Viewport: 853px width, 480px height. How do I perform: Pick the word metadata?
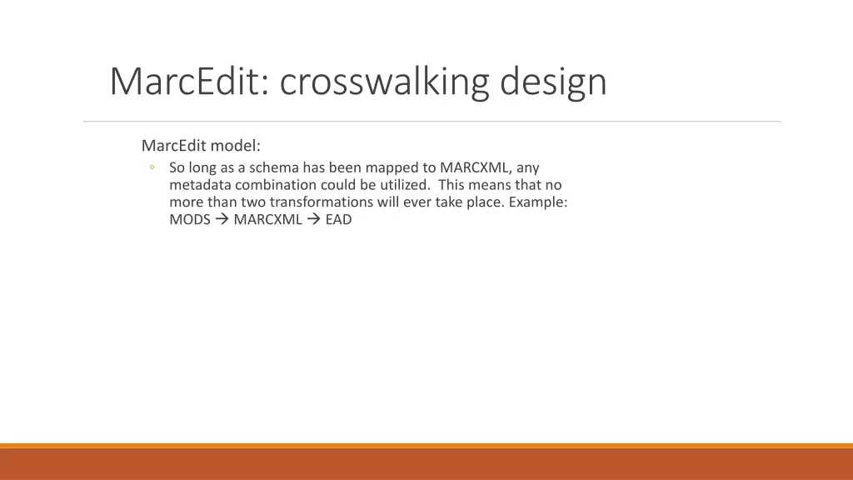point(200,185)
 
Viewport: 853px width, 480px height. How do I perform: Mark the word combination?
point(274,185)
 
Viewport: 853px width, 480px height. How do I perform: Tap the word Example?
point(538,202)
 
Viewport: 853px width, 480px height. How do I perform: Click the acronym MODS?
point(189,220)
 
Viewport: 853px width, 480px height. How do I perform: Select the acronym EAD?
point(338,220)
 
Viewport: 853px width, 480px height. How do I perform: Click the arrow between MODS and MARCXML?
point(222,220)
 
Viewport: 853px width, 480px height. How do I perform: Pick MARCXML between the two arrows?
point(267,220)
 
